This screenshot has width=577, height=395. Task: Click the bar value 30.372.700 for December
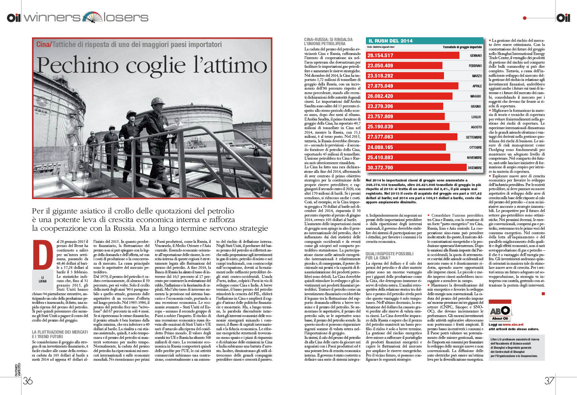380,168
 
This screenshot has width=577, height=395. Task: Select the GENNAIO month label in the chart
476,56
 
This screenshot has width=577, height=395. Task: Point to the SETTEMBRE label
474,137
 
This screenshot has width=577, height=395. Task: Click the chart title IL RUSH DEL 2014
390,41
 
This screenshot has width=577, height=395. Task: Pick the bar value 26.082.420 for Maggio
380,96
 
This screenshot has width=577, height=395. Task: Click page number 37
549,381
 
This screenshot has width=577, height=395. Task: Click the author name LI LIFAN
43,279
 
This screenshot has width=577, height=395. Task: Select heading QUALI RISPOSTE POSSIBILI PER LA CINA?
389,256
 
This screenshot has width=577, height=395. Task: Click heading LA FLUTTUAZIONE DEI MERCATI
60,332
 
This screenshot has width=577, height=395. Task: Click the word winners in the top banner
52,17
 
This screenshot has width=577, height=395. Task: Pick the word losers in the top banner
126,17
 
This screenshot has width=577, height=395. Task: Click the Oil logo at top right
563,17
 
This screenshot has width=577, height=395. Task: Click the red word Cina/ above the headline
43,44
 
